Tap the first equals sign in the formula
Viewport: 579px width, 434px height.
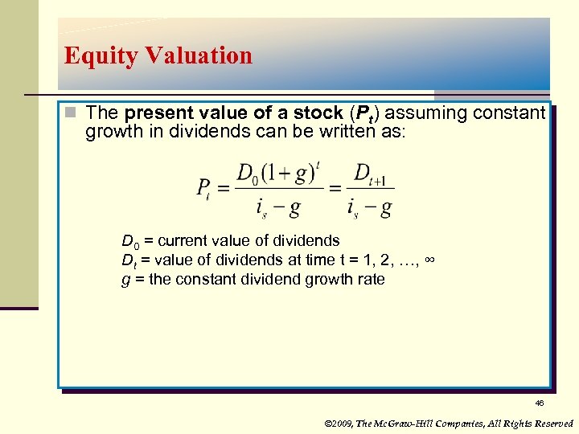pyautogui.click(x=223, y=188)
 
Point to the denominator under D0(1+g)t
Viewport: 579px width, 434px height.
pyautogui.click(x=278, y=208)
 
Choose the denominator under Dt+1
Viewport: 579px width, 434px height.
pyautogui.click(x=371, y=208)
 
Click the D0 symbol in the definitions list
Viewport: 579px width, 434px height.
pyautogui.click(x=128, y=241)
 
